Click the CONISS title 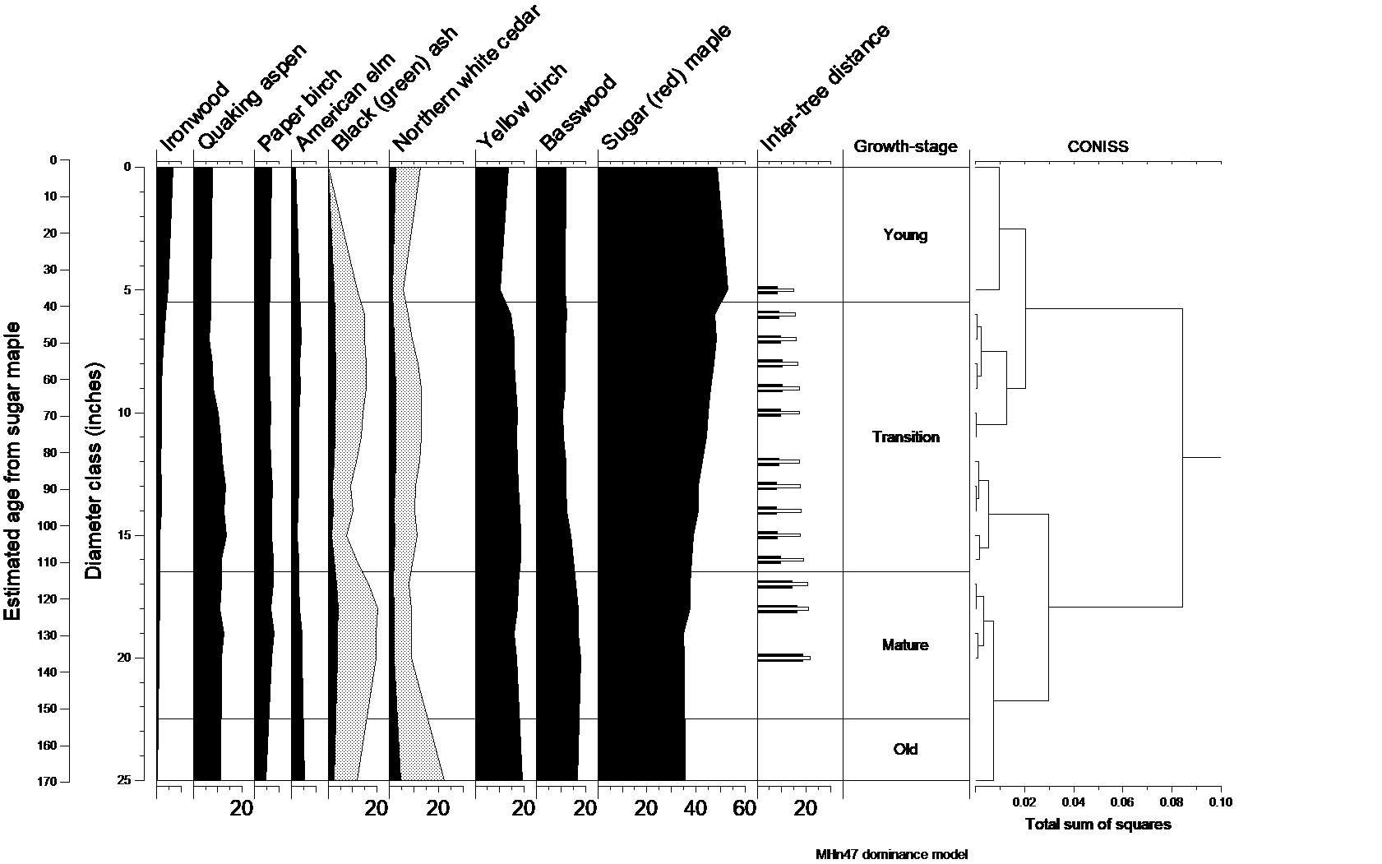pyautogui.click(x=1098, y=147)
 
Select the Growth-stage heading pyautogui.click(x=905, y=147)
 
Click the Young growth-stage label pyautogui.click(x=905, y=235)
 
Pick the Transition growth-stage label pyautogui.click(x=905, y=437)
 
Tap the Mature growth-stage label pyautogui.click(x=905, y=645)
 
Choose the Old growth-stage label pyautogui.click(x=905, y=750)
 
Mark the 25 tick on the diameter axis pyautogui.click(x=125, y=780)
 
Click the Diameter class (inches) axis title pyautogui.click(x=95, y=469)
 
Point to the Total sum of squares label pyautogui.click(x=1098, y=825)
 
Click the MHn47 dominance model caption pyautogui.click(x=886, y=854)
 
